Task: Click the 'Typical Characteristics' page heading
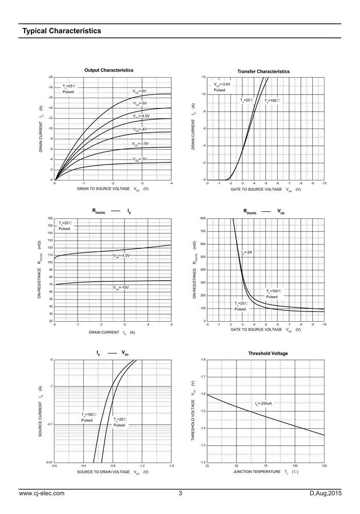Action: pos(61,31)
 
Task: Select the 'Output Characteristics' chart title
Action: pos(109,70)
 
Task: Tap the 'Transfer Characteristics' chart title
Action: pos(263,71)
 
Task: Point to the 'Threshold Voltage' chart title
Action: pos(268,354)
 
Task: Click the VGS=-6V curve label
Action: pos(139,91)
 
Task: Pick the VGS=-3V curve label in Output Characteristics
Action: pos(139,159)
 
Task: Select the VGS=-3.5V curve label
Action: pos(140,144)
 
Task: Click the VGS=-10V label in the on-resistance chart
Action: pos(121,288)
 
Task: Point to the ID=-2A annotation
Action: pos(247,252)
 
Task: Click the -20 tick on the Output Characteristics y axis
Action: pos(50,77)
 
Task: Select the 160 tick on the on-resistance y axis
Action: pos(50,218)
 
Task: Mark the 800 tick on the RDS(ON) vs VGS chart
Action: pos(203,218)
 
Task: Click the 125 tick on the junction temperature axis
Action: pos(324,466)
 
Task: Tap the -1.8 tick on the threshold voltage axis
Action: pos(203,360)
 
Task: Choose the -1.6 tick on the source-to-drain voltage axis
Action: pos(170,466)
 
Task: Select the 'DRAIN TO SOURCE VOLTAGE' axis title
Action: pos(103,189)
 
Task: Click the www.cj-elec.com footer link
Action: pos(42,494)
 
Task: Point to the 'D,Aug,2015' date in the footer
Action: pos(326,494)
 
